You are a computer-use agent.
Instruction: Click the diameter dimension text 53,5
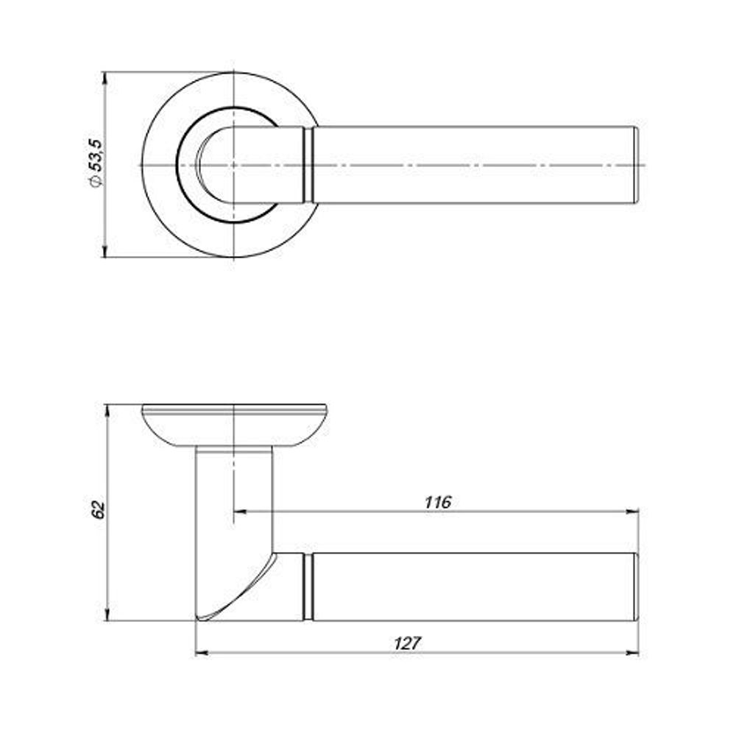[95, 155]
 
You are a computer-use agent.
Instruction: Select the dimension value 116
[437, 503]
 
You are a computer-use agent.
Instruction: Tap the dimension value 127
[408, 643]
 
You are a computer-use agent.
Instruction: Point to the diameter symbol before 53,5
[95, 182]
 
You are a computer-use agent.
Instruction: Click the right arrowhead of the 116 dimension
[633, 512]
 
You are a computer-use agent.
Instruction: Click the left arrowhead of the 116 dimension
[240, 512]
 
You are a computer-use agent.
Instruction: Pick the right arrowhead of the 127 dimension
[633, 652]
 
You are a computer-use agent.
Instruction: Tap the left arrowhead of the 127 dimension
[202, 652]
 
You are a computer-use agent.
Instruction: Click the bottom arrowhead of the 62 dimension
[107, 615]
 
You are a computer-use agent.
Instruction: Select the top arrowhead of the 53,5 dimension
[105, 79]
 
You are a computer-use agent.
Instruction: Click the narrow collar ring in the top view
[308, 165]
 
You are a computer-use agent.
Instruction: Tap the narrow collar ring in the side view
[308, 587]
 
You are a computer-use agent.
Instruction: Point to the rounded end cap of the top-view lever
[636, 165]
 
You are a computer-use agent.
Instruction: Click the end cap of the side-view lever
[636, 587]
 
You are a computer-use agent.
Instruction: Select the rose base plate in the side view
[234, 425]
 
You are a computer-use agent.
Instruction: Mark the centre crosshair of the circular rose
[233, 165]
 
